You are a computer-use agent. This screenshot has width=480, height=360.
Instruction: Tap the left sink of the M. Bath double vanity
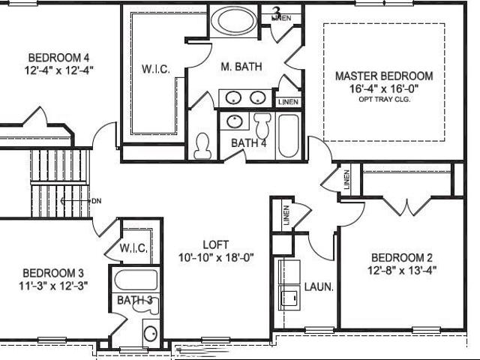click(233, 98)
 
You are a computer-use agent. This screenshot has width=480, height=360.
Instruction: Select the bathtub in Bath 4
click(288, 136)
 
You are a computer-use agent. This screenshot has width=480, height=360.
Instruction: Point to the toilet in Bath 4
click(262, 125)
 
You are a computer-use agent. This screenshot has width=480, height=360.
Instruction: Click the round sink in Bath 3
click(151, 333)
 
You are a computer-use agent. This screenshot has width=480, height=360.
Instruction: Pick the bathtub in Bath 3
click(136, 280)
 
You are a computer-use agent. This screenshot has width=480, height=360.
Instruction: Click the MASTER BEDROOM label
click(384, 76)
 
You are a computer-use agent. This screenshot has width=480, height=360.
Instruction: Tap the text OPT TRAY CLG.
click(384, 99)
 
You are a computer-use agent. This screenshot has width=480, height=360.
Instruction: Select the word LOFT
click(216, 245)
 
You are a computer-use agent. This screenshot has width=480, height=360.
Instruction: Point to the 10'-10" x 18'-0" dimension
click(216, 258)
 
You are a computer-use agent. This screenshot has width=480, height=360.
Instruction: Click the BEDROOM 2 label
click(402, 258)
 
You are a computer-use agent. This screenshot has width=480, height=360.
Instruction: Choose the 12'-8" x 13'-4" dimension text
click(402, 271)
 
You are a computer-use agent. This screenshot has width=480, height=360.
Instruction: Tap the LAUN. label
click(319, 287)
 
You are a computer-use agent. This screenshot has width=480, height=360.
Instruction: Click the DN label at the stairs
click(97, 201)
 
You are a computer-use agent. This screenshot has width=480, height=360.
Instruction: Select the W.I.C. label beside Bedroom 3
click(133, 248)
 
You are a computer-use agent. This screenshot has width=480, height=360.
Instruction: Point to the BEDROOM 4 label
click(58, 58)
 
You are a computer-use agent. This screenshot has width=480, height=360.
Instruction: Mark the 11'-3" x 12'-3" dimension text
click(53, 286)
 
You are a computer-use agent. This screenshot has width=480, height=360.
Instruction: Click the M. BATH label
click(241, 67)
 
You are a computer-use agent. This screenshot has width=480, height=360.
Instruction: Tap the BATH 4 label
click(248, 143)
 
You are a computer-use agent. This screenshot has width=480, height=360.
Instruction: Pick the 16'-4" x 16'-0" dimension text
click(384, 88)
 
